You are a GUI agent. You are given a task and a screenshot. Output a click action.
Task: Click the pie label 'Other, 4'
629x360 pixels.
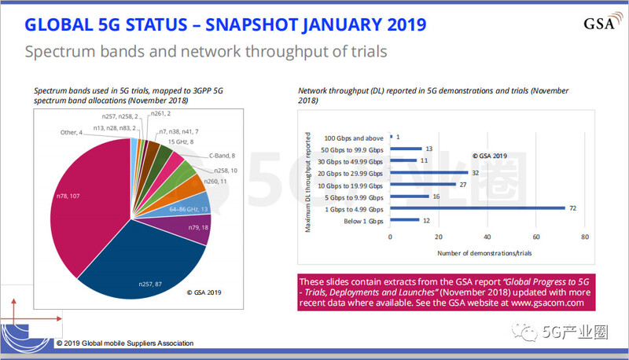tap(73, 132)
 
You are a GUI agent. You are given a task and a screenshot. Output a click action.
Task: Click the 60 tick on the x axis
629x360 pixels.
tap(536, 237)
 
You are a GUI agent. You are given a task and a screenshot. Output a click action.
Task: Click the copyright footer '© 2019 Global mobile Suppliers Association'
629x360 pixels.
tap(124, 343)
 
